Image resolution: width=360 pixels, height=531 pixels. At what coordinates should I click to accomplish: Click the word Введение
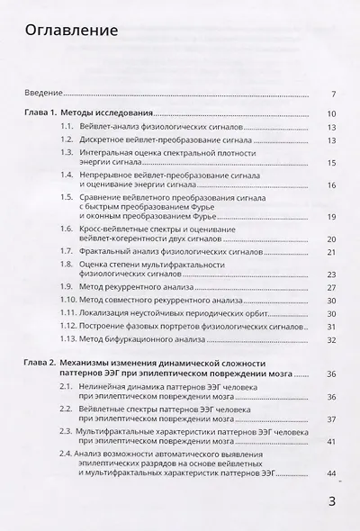42,94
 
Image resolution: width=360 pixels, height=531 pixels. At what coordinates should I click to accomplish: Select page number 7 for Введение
333,94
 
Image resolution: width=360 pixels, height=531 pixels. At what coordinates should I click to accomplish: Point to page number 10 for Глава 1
331,114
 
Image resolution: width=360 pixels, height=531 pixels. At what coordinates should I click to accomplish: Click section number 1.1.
67,128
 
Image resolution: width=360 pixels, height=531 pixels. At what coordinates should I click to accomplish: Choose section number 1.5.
67,196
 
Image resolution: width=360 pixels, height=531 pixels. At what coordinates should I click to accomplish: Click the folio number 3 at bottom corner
332,502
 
